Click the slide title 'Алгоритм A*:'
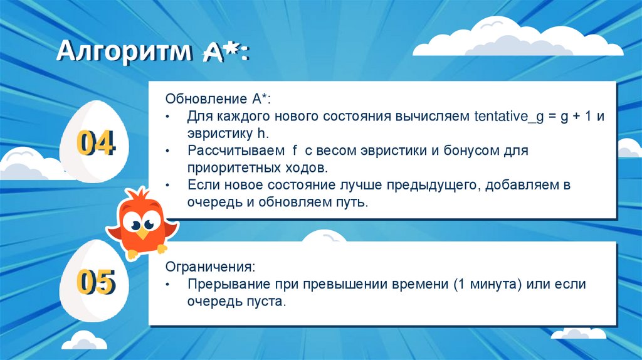click(x=152, y=52)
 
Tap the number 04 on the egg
click(x=95, y=144)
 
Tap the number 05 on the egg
click(x=95, y=282)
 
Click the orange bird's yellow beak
click(x=144, y=232)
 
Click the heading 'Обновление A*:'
click(x=218, y=100)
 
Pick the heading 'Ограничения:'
click(x=210, y=267)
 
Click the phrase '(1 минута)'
click(x=486, y=284)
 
